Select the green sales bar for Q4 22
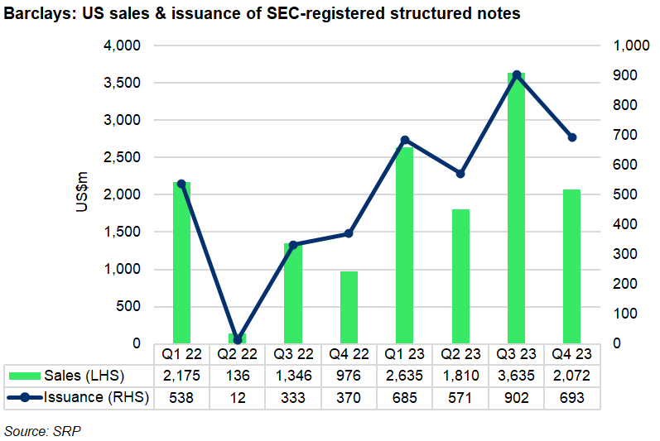(x=349, y=308)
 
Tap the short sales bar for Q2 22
(x=238, y=338)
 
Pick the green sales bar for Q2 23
(x=460, y=276)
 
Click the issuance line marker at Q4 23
(x=571, y=137)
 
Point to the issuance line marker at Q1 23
(x=405, y=140)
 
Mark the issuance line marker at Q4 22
(x=349, y=233)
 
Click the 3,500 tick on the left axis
(x=123, y=83)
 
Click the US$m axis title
(x=81, y=194)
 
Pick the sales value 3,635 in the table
(x=516, y=375)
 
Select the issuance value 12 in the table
(x=238, y=398)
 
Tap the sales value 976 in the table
(x=349, y=375)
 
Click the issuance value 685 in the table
(x=405, y=398)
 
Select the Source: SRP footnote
(x=43, y=431)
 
